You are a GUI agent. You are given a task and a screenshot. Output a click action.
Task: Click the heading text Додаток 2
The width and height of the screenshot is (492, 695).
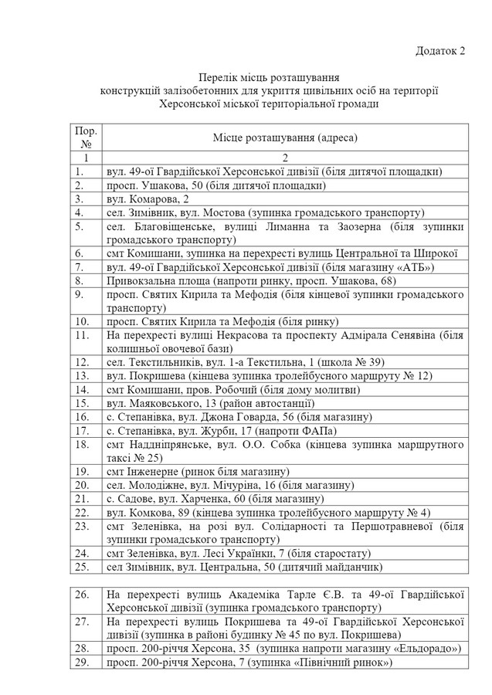tap(441, 51)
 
